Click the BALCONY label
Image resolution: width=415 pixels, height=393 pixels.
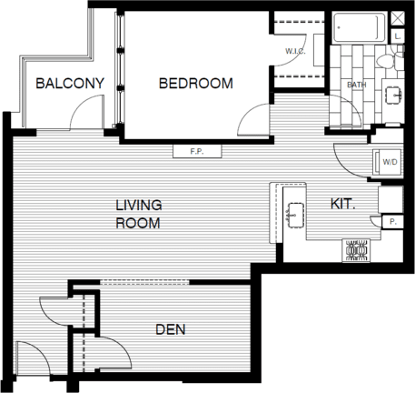coord(70,84)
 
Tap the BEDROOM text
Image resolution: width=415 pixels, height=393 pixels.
coord(195,84)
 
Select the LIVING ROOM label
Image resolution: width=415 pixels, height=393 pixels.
coord(138,213)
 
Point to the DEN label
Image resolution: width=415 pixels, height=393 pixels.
coord(172,329)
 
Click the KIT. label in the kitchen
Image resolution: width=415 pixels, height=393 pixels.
coord(341,206)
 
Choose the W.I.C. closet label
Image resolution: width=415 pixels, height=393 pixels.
coord(295,51)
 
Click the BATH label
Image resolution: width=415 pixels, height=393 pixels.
coord(357,86)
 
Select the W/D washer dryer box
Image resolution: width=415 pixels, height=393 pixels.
coord(390,162)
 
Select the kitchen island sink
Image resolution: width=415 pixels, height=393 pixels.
coord(293,216)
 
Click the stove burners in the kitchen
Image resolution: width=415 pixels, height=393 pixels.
coord(354,248)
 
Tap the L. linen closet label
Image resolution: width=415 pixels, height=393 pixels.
coord(398,35)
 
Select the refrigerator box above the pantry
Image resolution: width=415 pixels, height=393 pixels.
coord(391,196)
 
